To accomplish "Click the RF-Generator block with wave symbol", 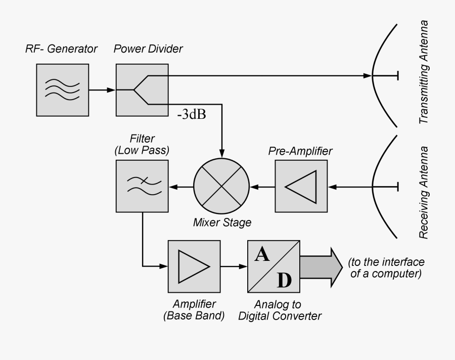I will (x=63, y=89).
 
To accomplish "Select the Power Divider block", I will (x=142, y=89).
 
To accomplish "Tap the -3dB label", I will (x=191, y=115).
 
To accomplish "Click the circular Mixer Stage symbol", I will (x=221, y=186).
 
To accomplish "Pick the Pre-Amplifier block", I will (x=301, y=186).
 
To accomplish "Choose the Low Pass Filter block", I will (x=142, y=186).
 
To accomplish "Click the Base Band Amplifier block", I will (x=194, y=266).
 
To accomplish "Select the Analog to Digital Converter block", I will (x=274, y=266).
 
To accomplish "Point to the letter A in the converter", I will (x=261, y=254).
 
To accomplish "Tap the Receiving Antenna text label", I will (x=424, y=193).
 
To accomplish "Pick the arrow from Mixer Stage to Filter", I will (x=181, y=187).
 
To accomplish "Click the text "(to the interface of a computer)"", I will (x=385, y=268).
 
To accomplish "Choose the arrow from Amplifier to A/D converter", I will (x=234, y=266).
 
